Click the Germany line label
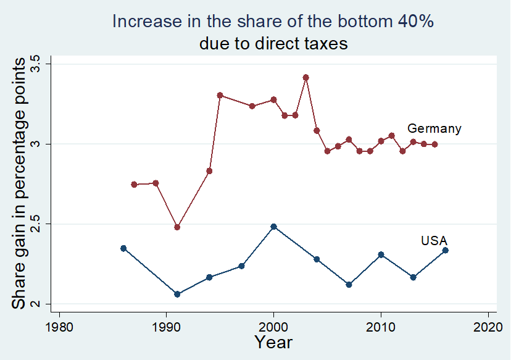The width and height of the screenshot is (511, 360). tap(434, 128)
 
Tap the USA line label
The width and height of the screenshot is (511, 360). tap(434, 240)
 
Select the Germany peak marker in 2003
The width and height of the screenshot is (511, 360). tap(305, 77)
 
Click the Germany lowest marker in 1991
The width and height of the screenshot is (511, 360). tap(177, 227)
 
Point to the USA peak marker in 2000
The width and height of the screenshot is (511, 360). tap(273, 227)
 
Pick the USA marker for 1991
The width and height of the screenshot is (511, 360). tap(177, 294)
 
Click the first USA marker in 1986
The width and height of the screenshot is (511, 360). tap(123, 248)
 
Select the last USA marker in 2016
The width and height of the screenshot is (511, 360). tap(445, 250)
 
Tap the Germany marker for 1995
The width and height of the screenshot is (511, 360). tap(220, 95)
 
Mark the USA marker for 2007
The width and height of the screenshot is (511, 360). tap(349, 285)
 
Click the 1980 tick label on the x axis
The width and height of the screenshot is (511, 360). tap(59, 326)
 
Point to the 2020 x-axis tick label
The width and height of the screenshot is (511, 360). tap(488, 326)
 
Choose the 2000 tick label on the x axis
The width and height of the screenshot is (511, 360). tap(273, 326)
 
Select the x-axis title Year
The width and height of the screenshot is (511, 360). tap(273, 343)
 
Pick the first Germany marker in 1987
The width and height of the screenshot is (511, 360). tap(134, 184)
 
